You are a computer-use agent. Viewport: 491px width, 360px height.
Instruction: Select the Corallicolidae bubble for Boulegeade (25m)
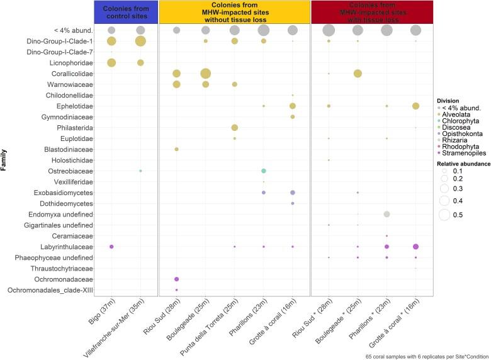coord(205,74)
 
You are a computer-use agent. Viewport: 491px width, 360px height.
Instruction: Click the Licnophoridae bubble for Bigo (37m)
coord(111,62)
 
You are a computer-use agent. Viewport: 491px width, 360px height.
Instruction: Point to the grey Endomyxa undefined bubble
coord(387,214)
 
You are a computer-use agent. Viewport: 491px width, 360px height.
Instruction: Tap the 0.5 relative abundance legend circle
coord(444,216)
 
